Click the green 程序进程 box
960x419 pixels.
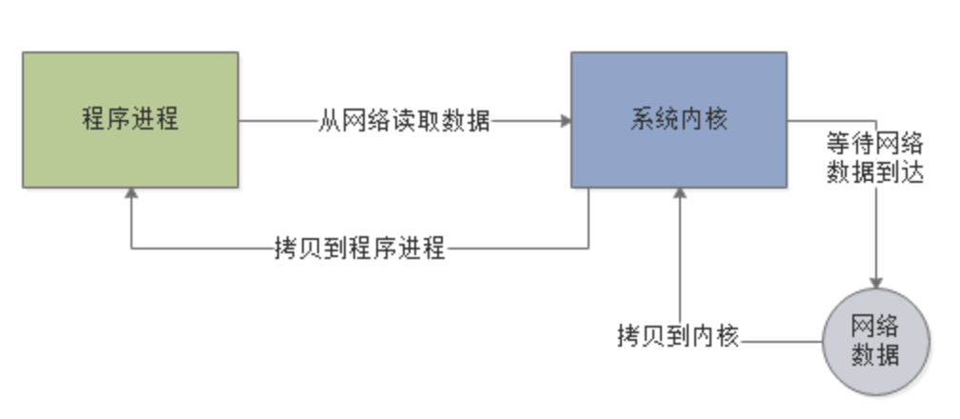point(130,120)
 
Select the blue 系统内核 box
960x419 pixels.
point(678,120)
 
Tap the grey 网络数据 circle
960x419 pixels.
point(874,341)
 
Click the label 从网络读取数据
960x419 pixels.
point(405,122)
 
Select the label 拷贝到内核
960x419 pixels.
point(678,337)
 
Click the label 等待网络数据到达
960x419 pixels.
point(874,159)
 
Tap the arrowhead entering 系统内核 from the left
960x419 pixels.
point(565,121)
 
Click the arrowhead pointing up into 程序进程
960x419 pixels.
point(131,194)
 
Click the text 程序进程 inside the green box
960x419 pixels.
point(130,120)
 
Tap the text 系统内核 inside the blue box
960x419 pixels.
point(678,120)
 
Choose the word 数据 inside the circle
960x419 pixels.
point(874,353)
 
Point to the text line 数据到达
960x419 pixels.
point(874,172)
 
